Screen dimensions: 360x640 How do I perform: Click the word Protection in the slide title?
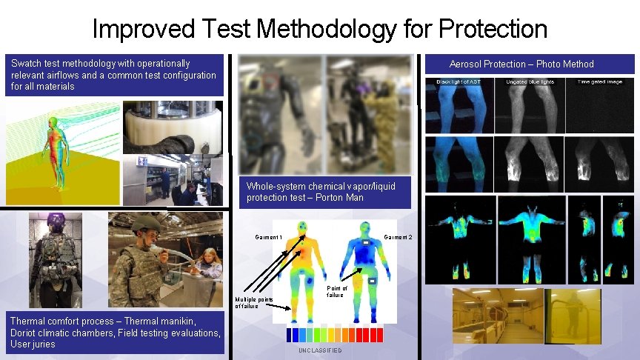(x=493, y=30)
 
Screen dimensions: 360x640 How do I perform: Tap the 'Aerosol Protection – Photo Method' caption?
(x=521, y=64)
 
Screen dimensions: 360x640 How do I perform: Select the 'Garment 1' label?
(x=269, y=237)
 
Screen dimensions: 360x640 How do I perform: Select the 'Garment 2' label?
(x=398, y=237)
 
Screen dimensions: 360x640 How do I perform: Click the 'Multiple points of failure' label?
(x=254, y=302)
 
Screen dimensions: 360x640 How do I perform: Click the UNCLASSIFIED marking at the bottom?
(x=320, y=350)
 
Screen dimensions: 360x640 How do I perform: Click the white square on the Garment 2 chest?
(x=365, y=243)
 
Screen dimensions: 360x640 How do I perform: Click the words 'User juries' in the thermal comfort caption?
(x=32, y=344)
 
